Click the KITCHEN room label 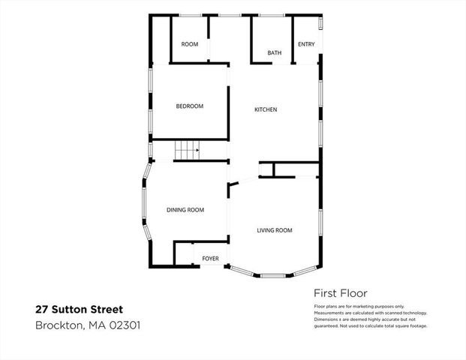266,110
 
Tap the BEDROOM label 190,106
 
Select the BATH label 275,53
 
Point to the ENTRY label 306,44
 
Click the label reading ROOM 190,45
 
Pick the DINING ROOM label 185,210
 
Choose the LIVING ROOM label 275,230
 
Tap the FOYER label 210,259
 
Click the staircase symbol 188,150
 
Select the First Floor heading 340,293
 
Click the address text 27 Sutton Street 79,309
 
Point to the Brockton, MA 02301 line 88,325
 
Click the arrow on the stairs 197,150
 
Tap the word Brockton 58,325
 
